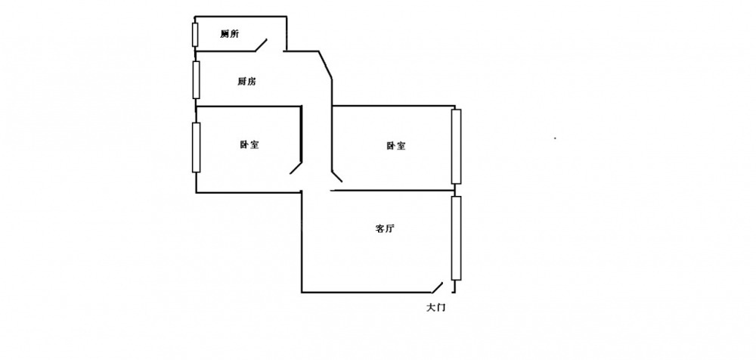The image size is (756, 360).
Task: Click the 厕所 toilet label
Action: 230,34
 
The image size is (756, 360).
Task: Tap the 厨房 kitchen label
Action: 246,82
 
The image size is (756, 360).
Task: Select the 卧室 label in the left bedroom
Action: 249,144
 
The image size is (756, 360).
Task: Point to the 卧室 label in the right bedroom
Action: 395,146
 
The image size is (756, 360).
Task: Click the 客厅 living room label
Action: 384,229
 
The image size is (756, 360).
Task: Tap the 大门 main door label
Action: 436,308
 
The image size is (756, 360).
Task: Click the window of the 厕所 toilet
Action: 195,35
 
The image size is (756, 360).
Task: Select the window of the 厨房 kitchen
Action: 196,79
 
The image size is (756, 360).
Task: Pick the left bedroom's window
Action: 196,146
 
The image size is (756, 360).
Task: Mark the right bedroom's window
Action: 456,147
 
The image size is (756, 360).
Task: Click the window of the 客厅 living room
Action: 456,237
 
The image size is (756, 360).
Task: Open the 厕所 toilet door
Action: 262,45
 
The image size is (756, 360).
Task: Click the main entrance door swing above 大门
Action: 437,287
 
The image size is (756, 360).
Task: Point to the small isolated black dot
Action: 556,138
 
